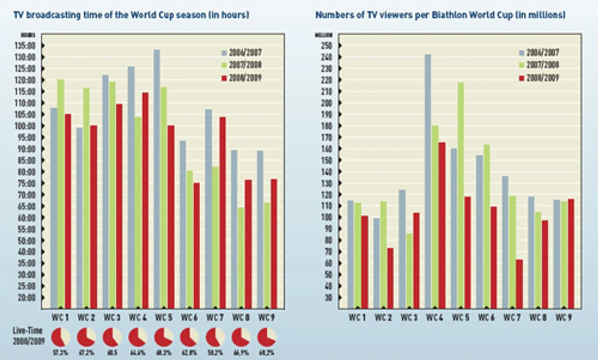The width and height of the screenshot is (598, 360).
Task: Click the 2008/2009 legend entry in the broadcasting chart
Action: pos(241,78)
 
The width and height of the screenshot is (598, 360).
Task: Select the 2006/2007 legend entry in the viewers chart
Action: pos(539,52)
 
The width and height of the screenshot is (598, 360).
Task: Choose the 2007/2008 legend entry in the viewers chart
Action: pos(539,65)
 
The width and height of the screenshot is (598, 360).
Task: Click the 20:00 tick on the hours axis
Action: pos(26,297)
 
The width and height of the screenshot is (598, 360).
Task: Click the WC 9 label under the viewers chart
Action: pos(564,317)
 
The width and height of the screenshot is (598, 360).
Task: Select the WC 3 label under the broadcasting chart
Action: pos(112,317)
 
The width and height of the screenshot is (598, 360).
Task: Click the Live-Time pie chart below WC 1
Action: pos(61,337)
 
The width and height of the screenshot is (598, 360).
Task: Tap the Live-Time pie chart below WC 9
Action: pos(267,337)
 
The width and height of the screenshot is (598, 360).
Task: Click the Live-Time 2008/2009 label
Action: pos(28,336)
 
